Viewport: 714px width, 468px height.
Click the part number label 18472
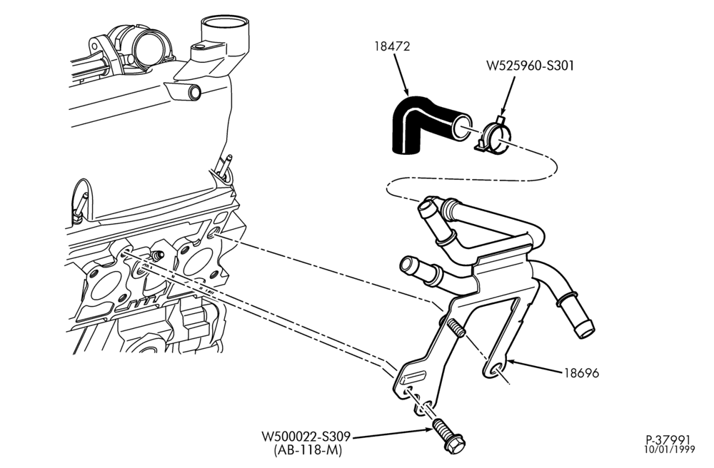[x=392, y=46]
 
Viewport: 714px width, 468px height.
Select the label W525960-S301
[x=530, y=66]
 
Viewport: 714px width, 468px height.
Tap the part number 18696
[x=581, y=373]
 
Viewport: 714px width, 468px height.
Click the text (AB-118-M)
[x=307, y=449]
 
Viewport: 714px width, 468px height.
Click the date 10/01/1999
[x=670, y=449]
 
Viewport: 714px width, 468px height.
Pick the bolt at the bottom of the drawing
[x=448, y=436]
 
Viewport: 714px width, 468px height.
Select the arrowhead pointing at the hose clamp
[x=502, y=111]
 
